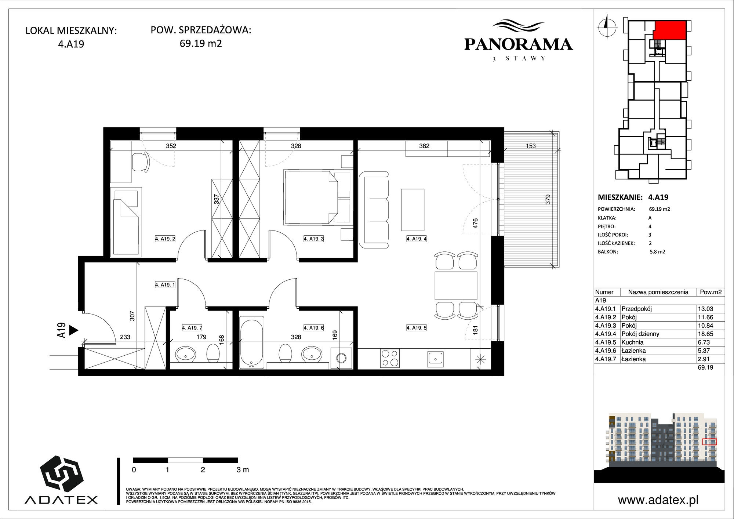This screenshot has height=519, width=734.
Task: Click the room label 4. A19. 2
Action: coord(165,239)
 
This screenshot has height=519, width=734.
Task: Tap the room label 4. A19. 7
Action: coord(192,328)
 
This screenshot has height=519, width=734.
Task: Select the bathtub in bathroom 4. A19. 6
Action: coord(251,342)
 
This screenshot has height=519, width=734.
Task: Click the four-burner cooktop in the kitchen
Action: coord(390,358)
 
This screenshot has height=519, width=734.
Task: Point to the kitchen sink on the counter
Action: coord(435,358)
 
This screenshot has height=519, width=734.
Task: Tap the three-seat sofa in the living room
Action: coord(374,209)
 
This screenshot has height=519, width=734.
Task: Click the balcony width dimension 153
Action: coord(531,146)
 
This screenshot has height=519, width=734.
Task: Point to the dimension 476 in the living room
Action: coord(475,224)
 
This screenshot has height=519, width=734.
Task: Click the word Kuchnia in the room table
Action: coord(632,342)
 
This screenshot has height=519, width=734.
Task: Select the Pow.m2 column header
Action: coord(711,292)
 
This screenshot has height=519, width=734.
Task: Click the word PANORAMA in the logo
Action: coord(519,44)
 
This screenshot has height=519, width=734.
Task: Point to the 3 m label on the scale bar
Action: coord(243,469)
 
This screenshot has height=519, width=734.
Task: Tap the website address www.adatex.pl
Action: coord(658,500)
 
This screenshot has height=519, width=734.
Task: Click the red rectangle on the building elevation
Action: coord(709,442)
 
